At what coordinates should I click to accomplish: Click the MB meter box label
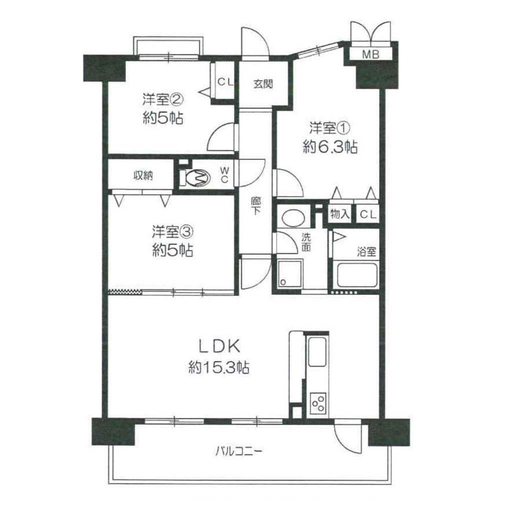tap(371, 54)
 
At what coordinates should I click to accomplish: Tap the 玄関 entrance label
tap(263, 84)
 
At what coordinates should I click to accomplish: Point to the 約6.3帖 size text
tap(330, 147)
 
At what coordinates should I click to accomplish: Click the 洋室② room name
tap(163, 99)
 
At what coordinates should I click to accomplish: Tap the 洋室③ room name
tap(173, 232)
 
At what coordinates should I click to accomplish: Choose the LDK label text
tap(220, 346)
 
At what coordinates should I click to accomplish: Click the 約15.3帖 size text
tap(219, 367)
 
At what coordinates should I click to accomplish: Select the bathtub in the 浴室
tap(357, 275)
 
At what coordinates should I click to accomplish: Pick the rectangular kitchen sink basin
tap(317, 352)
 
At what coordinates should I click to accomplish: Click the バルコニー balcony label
tap(238, 451)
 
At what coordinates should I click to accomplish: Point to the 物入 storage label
tap(340, 214)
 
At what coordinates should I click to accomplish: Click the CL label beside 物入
tap(368, 214)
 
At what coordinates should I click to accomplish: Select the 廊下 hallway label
tap(255, 205)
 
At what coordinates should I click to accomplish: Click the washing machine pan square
tap(289, 274)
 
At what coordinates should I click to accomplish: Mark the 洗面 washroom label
tap(306, 242)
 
